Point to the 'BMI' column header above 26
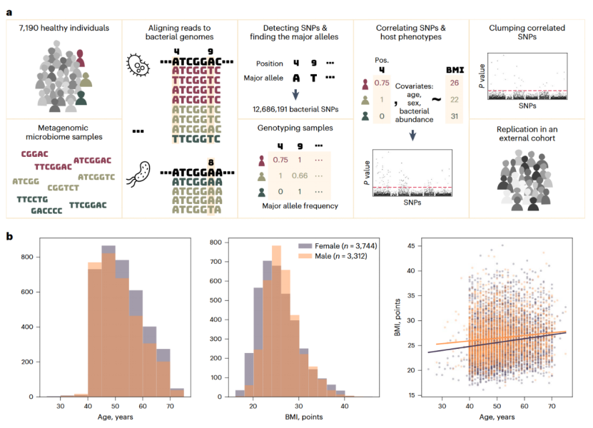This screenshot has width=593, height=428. (455, 70)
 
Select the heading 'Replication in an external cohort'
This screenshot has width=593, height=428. (528, 133)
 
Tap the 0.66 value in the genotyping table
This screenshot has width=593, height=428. (300, 175)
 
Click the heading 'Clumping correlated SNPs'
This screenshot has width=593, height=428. (528, 33)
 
